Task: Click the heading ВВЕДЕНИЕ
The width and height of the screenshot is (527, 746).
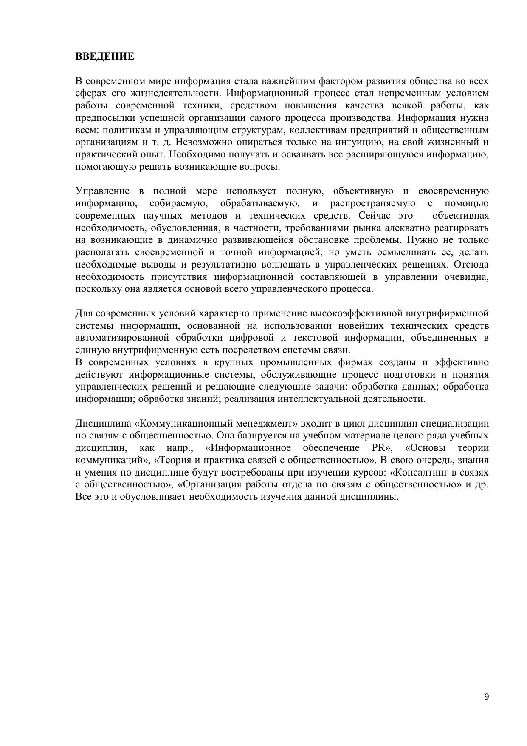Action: (x=104, y=57)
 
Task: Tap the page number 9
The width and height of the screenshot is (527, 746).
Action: (x=486, y=697)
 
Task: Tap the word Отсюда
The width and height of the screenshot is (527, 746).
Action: (x=471, y=265)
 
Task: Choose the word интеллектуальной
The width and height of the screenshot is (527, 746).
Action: (x=318, y=399)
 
